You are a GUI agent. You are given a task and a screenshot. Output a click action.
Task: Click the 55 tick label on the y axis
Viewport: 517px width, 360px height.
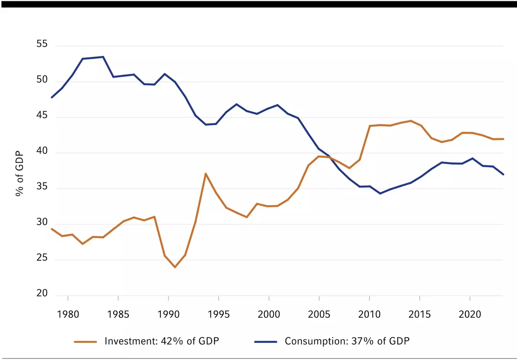[42, 44]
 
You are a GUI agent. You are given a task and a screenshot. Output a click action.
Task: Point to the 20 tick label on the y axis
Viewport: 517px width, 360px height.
[42, 294]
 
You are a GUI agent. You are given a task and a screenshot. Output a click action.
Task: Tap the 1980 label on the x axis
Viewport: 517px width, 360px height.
[68, 314]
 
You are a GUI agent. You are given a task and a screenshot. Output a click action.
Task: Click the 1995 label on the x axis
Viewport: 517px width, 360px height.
[219, 314]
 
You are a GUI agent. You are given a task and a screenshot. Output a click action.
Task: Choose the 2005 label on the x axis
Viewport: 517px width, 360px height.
[319, 314]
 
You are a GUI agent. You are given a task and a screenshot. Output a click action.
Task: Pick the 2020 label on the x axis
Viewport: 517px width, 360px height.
[470, 314]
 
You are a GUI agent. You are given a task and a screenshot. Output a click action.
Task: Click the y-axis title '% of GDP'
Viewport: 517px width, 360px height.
[19, 174]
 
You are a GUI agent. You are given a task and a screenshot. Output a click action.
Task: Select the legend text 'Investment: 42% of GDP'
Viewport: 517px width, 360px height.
[162, 341]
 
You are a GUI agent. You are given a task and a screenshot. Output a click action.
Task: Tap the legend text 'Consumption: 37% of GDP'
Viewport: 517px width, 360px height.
[347, 341]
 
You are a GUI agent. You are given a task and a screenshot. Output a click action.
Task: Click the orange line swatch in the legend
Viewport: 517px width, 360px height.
[86, 341]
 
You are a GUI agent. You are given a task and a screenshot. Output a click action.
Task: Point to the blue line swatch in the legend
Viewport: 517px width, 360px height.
[266, 341]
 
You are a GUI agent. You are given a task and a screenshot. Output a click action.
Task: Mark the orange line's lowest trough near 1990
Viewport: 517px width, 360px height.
[175, 267]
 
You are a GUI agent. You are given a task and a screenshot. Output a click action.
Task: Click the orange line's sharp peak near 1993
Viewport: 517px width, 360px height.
[206, 174]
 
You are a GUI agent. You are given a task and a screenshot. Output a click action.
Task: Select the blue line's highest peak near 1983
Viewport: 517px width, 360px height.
[103, 57]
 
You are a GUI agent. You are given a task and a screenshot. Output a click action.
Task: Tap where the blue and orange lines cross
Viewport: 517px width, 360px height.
[328, 157]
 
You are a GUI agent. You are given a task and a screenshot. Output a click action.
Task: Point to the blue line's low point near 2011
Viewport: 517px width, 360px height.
[380, 194]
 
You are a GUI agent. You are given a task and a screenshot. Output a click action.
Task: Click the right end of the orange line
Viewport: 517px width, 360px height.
[503, 139]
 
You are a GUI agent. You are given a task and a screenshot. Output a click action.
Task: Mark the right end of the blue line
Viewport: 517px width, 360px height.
[503, 174]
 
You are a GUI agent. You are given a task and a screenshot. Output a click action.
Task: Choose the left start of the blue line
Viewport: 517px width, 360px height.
[52, 97]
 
